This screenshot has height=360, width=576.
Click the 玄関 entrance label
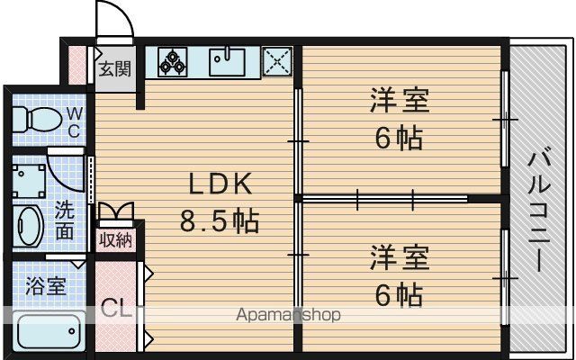pos(115,68)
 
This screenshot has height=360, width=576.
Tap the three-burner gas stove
pos(172,62)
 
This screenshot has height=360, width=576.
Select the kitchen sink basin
pos(227,62)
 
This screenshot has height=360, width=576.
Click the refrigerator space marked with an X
pos(277,62)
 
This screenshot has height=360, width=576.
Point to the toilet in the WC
pos(37,119)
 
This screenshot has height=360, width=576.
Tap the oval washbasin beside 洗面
pos(31,225)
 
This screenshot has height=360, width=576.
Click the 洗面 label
pos(64,221)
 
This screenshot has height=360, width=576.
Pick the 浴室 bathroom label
pos(46,286)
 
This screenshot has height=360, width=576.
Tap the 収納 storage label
pos(115,240)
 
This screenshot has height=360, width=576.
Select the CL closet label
pos(116,310)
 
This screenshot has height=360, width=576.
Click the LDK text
pos(220,184)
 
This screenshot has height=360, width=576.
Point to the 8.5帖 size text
pos(220,221)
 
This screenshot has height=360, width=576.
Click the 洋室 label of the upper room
pos(399,100)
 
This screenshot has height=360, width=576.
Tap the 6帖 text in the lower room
pos(398,295)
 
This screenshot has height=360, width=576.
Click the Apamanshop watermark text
pos(288,315)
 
